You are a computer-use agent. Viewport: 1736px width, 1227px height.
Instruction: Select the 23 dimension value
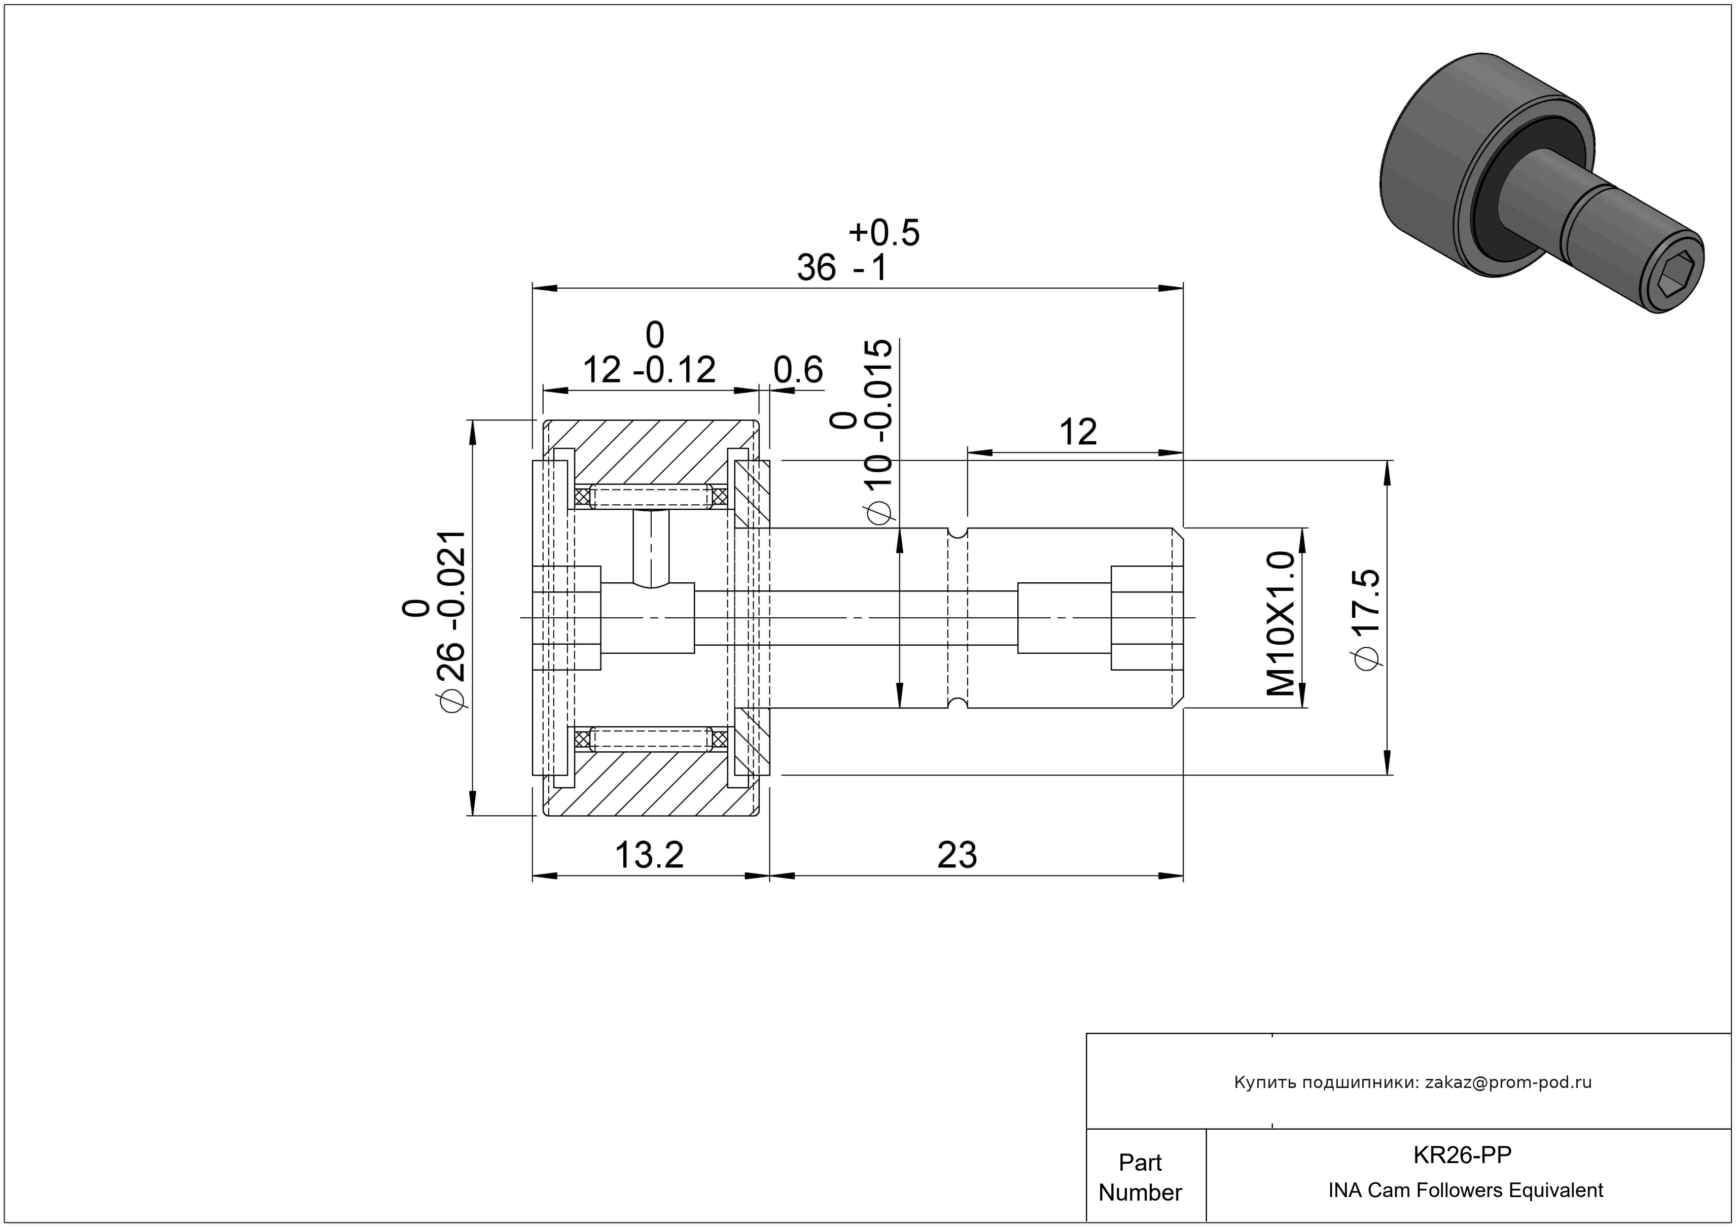pyautogui.click(x=957, y=856)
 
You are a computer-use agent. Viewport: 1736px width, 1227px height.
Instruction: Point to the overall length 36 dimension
pyautogui.click(x=817, y=268)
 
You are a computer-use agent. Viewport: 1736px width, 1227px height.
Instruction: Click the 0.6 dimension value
pyautogui.click(x=798, y=370)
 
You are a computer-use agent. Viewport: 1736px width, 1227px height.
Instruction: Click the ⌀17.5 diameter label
pyautogui.click(x=1368, y=619)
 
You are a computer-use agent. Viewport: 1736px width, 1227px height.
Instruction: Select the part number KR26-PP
pyautogui.click(x=1462, y=1155)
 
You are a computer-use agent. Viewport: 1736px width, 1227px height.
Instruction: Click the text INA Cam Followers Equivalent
pyautogui.click(x=1465, y=1190)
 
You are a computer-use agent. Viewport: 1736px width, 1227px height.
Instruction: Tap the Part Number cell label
pyautogui.click(x=1140, y=1177)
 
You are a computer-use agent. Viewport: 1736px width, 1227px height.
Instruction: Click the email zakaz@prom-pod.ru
pyautogui.click(x=1508, y=1082)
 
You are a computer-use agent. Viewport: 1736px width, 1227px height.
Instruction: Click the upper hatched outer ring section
pyautogui.click(x=650, y=452)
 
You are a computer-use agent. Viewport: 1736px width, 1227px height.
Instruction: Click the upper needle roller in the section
pyautogui.click(x=650, y=497)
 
